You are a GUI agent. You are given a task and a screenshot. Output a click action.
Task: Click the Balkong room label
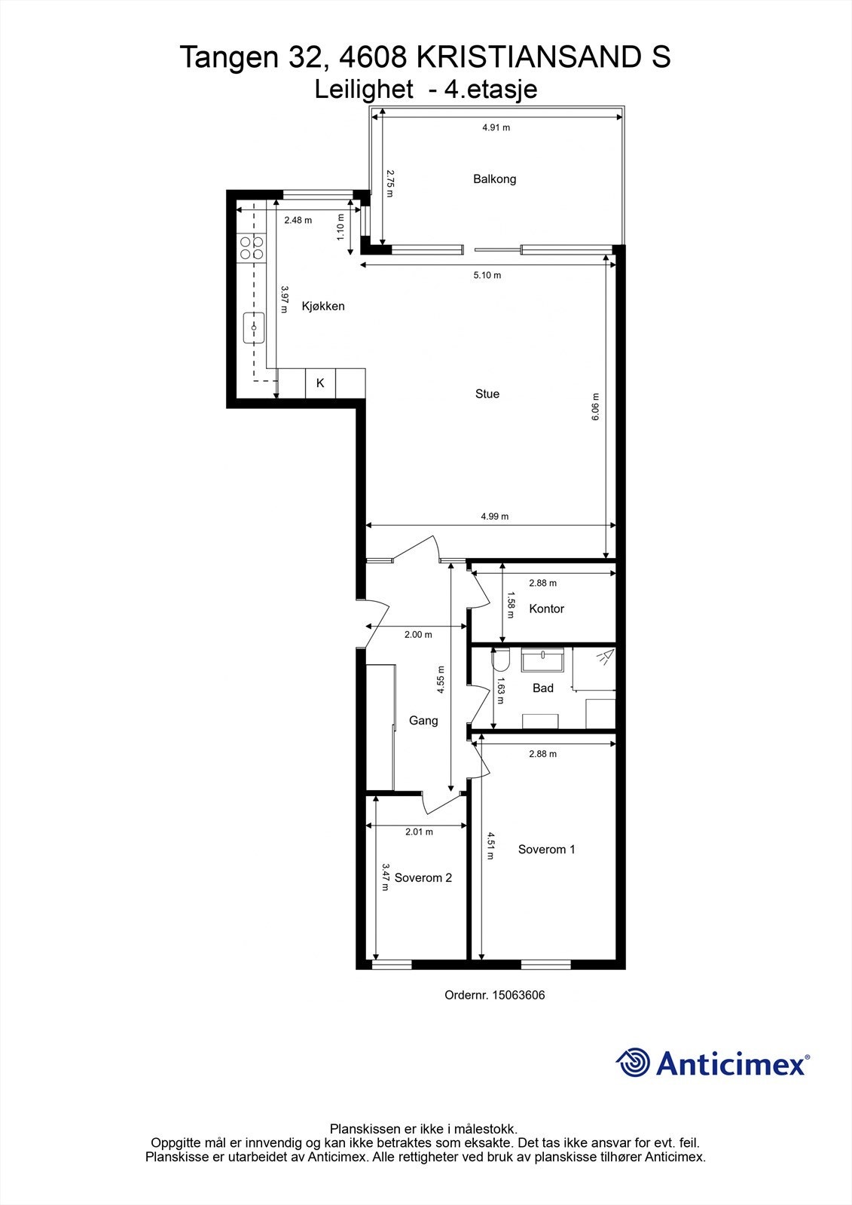pos(494,179)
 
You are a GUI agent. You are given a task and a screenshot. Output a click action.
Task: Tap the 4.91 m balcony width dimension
pos(496,128)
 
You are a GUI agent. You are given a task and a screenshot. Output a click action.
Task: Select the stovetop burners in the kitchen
pos(251,248)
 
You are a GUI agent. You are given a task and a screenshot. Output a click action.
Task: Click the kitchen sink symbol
pos(253,328)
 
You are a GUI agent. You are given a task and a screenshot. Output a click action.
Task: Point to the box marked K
pos(320,383)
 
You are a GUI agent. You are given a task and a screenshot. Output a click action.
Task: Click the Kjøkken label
pos(323,307)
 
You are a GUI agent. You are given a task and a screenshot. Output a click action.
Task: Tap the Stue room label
pos(487,394)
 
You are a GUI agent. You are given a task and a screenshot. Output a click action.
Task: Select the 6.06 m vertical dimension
pos(595,407)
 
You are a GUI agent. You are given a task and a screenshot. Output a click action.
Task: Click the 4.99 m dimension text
pos(495,517)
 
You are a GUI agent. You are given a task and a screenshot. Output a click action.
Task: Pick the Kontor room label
pos(546,609)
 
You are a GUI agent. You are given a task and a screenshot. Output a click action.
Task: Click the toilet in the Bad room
pos(500,660)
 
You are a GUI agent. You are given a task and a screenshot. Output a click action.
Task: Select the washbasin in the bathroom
pos(542,660)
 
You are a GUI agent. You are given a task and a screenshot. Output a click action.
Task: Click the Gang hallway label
pos(423,721)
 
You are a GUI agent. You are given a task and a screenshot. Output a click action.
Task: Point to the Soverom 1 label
pos(546,850)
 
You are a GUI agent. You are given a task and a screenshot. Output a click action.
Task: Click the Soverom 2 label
pos(423,878)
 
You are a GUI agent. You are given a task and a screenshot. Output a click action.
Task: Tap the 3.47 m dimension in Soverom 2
pos(386,877)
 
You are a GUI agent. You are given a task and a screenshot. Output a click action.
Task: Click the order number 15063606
pos(517,995)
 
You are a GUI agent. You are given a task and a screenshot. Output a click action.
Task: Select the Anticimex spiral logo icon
pos(633,1063)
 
